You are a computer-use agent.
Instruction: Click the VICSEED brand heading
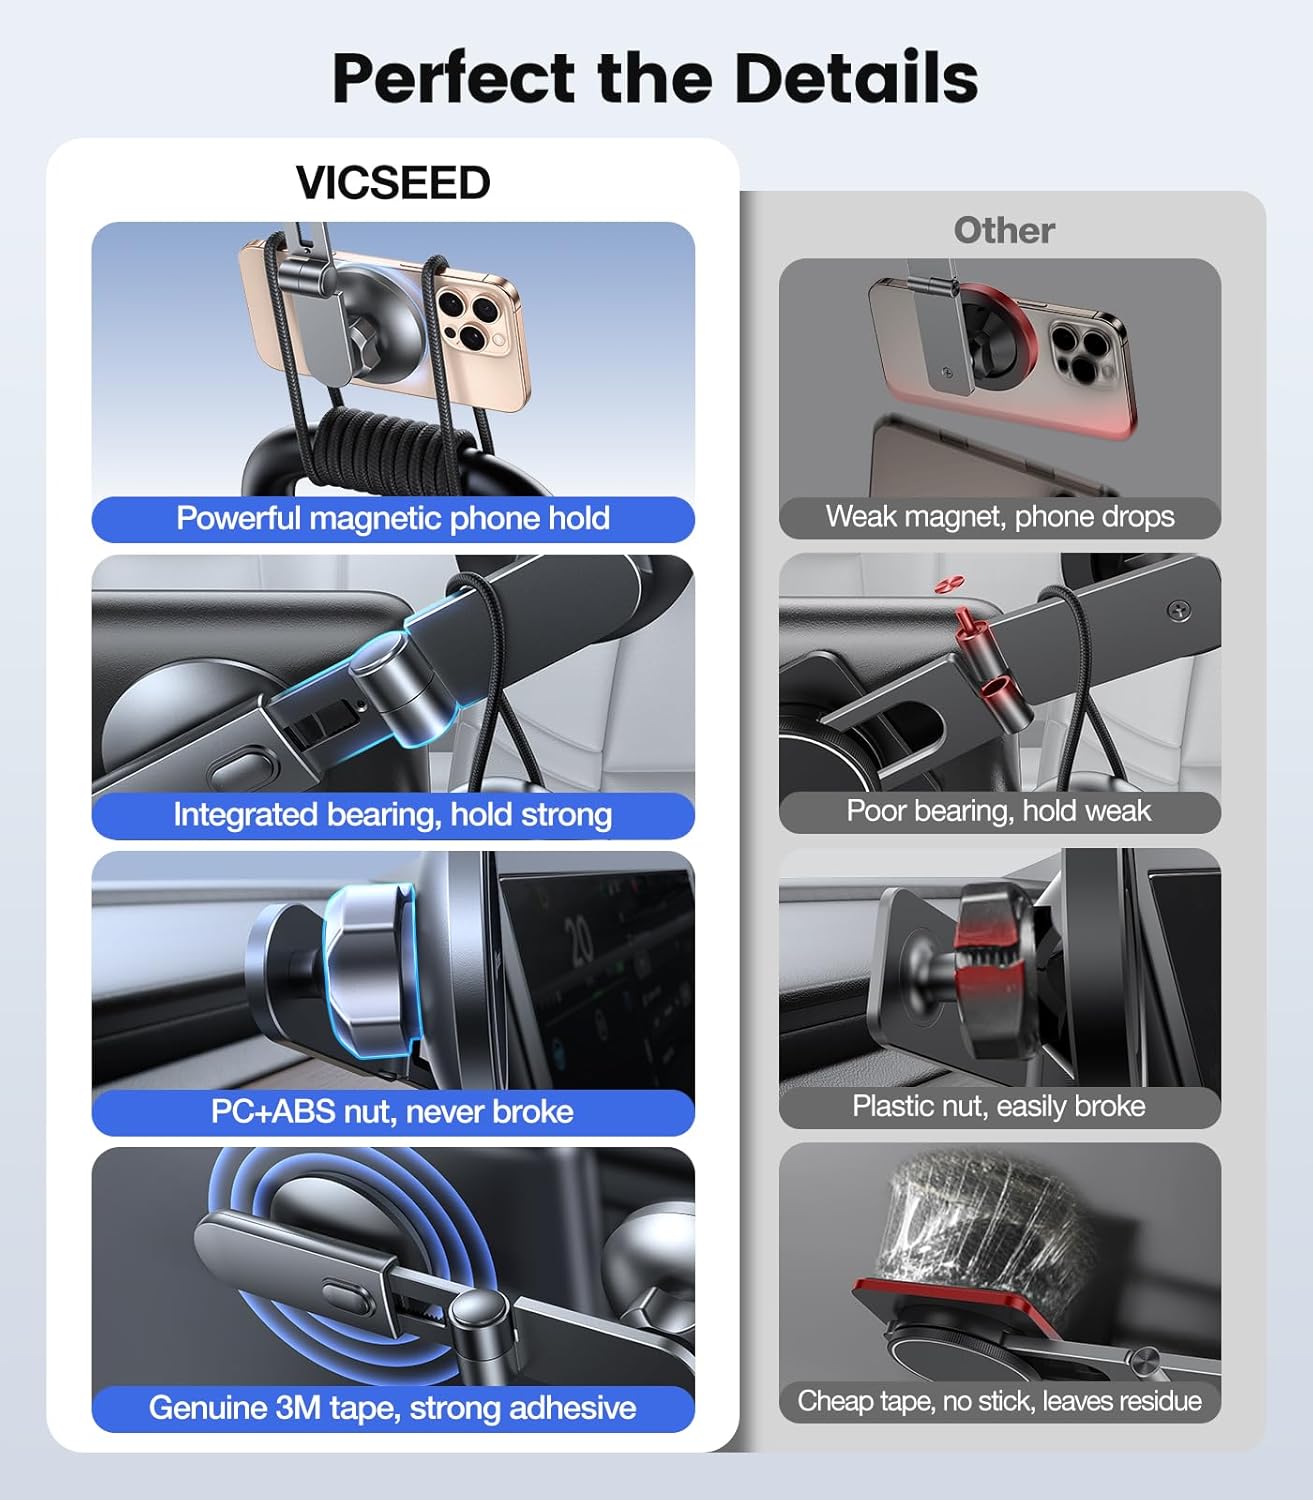pyautogui.click(x=393, y=183)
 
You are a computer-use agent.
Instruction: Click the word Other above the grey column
pyautogui.click(x=1003, y=230)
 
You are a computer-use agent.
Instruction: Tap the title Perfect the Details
pyautogui.click(x=655, y=78)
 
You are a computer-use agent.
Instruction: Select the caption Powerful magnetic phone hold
pyautogui.click(x=393, y=519)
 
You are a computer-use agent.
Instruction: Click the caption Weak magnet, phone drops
pyautogui.click(x=1000, y=517)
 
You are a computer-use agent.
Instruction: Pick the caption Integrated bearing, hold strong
pyautogui.click(x=393, y=815)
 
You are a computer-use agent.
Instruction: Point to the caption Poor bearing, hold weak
pyautogui.click(x=999, y=811)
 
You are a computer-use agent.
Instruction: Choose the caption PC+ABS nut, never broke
pyautogui.click(x=393, y=1112)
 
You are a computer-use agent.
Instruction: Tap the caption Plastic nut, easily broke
pyautogui.click(x=999, y=1107)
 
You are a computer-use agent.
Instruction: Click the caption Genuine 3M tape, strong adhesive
pyautogui.click(x=393, y=1408)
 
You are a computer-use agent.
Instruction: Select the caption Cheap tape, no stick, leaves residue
pyautogui.click(x=999, y=1401)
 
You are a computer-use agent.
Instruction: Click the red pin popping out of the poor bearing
pyautogui.click(x=967, y=625)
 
